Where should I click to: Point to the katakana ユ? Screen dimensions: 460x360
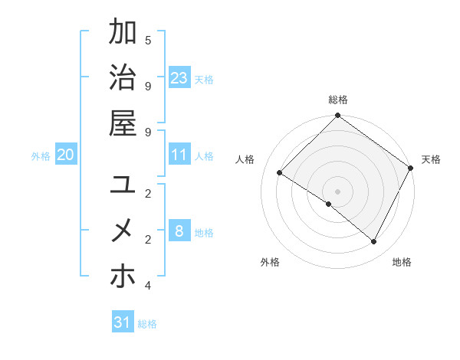click(123, 185)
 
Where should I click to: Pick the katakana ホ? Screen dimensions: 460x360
click(123, 275)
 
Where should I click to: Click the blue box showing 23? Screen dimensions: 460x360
click(179, 77)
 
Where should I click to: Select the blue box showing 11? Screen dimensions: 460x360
click(179, 155)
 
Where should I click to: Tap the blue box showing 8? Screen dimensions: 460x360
click(179, 231)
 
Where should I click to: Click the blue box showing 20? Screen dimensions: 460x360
click(66, 155)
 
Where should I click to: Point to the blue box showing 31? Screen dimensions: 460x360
click(123, 322)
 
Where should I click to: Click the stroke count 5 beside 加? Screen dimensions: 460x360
click(148, 40)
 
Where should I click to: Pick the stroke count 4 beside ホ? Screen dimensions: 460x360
click(148, 286)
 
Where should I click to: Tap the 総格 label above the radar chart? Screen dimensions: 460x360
click(338, 100)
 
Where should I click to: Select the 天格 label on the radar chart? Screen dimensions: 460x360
click(431, 159)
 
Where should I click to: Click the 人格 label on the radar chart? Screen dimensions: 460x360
click(245, 159)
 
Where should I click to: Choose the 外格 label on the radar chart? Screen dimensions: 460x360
click(270, 262)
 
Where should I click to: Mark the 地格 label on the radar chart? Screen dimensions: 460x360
click(402, 262)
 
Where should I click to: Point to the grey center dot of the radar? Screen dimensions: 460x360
click(338, 191)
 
